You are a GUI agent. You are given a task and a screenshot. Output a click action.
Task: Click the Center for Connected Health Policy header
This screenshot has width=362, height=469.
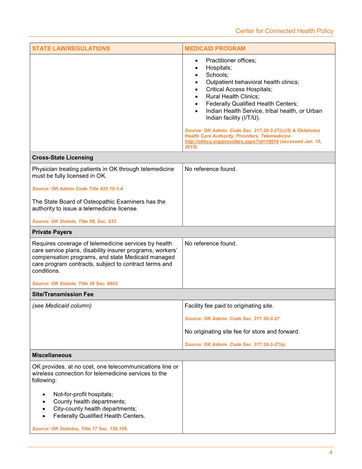tap(284, 31)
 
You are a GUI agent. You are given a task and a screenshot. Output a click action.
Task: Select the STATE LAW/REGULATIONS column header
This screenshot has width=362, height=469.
tap(71, 49)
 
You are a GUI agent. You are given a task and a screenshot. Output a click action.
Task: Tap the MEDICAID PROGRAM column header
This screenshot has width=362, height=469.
tap(215, 49)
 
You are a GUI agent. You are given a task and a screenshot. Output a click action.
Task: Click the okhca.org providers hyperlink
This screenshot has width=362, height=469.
tap(232, 142)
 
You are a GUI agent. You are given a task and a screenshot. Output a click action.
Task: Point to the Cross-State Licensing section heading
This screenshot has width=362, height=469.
tap(63, 157)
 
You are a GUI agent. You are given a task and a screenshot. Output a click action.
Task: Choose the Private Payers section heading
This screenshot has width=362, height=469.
tap(52, 232)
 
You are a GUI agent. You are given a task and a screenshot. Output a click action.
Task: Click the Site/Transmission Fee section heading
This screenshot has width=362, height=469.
tap(63, 294)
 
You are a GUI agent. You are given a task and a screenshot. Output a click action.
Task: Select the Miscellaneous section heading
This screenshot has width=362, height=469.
tap(52, 355)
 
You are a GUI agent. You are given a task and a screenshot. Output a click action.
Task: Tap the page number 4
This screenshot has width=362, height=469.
tap(331, 453)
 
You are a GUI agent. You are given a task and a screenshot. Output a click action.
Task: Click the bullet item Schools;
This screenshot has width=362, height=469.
tap(217, 75)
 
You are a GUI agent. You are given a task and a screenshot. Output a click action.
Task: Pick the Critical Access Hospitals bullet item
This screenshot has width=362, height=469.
tap(239, 89)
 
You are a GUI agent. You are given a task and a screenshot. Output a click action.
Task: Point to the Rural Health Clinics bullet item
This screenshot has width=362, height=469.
tap(233, 96)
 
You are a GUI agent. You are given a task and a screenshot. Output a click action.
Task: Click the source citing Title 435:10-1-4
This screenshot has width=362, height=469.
tap(78, 189)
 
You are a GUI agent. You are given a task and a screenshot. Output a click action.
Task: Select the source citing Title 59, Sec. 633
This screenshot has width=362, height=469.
tap(74, 221)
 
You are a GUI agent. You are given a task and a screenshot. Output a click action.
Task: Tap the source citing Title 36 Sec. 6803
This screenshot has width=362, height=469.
tap(75, 284)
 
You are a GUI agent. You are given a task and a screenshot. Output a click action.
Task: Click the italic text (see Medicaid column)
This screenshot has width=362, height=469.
tap(62, 306)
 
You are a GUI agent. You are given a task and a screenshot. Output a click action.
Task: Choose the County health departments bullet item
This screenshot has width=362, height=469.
tap(89, 401)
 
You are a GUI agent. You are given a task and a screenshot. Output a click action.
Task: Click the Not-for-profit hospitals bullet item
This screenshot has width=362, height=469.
tap(83, 394)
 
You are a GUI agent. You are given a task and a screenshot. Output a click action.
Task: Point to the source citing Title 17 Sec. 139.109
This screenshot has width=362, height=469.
tap(80, 429)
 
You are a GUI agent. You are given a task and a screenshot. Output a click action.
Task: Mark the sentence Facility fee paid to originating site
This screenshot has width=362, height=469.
tap(229, 306)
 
